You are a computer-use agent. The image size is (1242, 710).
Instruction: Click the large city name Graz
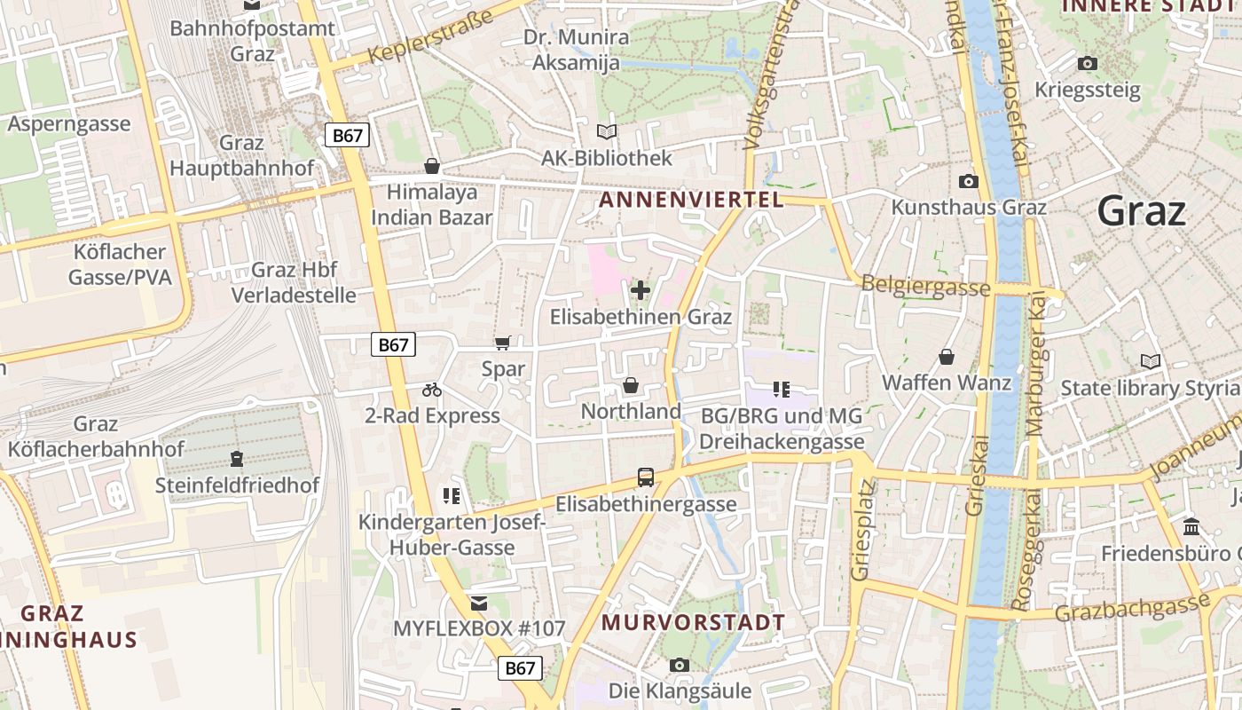[1141, 211]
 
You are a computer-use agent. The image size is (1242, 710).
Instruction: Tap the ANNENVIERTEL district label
[691, 200]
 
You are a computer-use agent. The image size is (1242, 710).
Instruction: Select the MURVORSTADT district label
[693, 622]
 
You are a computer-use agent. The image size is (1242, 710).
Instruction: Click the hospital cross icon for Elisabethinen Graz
[640, 289]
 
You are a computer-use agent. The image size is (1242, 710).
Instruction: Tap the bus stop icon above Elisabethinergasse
[646, 477]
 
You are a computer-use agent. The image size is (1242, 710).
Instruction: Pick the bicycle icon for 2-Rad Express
[432, 390]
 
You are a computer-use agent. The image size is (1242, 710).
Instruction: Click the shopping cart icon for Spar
[502, 343]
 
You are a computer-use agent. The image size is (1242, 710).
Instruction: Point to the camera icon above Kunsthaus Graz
[969, 181]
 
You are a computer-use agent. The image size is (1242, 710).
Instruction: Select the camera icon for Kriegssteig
[1087, 63]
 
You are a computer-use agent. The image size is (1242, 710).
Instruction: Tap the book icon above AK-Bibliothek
[607, 132]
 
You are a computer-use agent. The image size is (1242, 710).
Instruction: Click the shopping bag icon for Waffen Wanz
[947, 357]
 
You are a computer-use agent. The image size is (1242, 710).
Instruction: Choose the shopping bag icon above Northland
[630, 385]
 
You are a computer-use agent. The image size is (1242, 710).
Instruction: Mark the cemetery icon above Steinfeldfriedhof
[237, 459]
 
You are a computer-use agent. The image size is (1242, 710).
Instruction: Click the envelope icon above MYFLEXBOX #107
[479, 603]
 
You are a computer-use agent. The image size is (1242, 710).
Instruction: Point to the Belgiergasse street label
[925, 287]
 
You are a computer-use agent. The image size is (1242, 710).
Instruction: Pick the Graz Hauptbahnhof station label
[241, 155]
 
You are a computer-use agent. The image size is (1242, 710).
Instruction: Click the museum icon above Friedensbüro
[1191, 527]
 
